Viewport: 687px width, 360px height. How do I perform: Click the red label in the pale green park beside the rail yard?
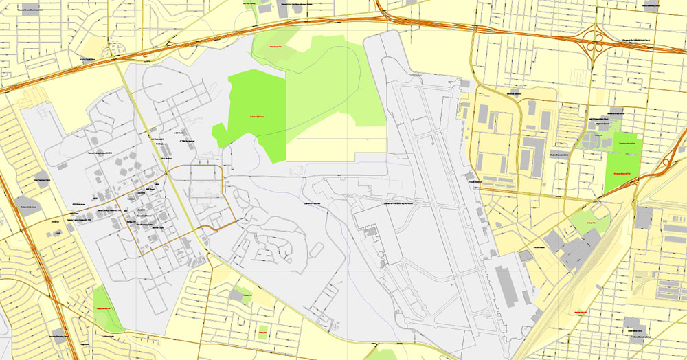[591, 223]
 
